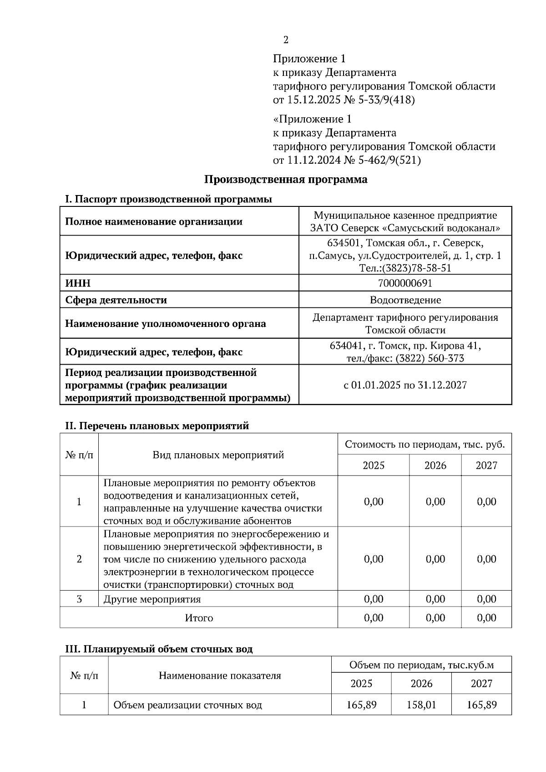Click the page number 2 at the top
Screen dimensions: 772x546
[x=286, y=40]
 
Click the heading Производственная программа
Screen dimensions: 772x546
[x=285, y=179]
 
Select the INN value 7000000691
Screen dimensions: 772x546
[x=405, y=283]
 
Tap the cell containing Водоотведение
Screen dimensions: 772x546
[x=405, y=300]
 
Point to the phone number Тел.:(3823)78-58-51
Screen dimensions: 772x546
[x=405, y=268]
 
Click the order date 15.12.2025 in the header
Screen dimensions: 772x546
[x=313, y=100]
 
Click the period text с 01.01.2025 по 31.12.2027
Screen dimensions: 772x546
[x=405, y=385]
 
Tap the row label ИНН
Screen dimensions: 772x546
[x=78, y=283]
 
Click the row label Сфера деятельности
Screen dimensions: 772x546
[x=116, y=300]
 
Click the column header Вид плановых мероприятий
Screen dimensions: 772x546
[x=218, y=455]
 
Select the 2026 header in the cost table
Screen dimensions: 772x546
[x=435, y=465]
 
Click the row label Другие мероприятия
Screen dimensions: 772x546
[x=152, y=599]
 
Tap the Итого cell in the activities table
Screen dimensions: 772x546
[x=199, y=618]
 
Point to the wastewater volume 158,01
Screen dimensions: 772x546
[x=421, y=705]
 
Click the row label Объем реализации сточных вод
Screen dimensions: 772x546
[x=187, y=705]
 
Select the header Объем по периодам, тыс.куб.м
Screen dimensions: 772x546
[x=421, y=665]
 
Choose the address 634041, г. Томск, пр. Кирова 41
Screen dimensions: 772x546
[x=405, y=346]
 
